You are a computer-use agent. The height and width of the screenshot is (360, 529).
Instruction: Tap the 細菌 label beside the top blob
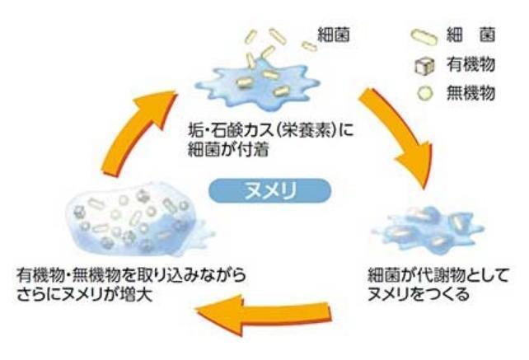click(335, 35)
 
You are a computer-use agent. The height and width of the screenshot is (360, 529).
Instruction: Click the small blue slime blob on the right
click(428, 228)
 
